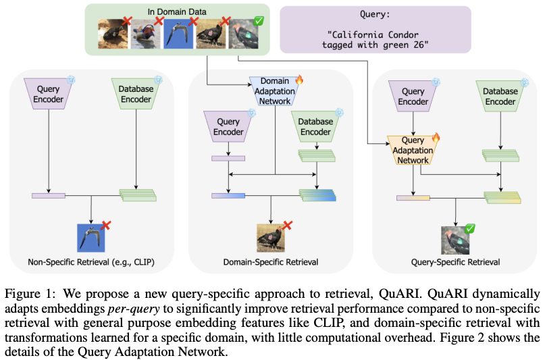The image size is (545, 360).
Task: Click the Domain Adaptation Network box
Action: tap(274, 91)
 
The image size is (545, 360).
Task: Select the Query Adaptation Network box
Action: tap(412, 150)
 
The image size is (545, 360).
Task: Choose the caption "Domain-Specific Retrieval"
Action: tap(270, 261)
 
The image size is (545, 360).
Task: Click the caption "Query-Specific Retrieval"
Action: tap(455, 261)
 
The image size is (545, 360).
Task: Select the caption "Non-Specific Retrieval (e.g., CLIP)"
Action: tap(91, 261)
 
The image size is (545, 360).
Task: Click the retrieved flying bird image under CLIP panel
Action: tap(91, 237)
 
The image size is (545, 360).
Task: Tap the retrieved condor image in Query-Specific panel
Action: tap(455, 240)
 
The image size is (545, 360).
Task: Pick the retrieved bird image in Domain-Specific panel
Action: tap(270, 237)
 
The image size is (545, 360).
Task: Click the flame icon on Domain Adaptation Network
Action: tap(299, 79)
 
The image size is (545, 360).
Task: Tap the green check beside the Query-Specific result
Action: tap(471, 230)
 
